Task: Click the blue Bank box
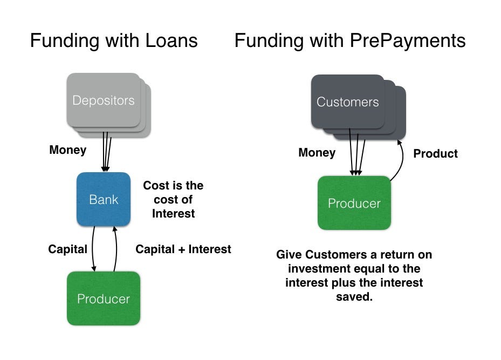pos(104,199)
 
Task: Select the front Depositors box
pos(104,100)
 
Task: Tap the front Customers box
pos(348,101)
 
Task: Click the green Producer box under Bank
pos(104,298)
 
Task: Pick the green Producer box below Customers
pos(354,203)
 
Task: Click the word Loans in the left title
pos(171,40)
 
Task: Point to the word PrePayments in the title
pos(408,40)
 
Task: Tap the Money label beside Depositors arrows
pos(68,150)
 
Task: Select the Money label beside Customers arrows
pos(317,153)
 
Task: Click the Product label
pos(436,153)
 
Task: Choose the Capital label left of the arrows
pos(68,249)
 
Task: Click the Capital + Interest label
pos(183,249)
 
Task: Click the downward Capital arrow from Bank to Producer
pos(93,249)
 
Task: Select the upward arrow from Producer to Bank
pos(116,249)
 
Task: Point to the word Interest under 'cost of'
pos(174,213)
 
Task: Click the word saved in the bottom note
pos(354,297)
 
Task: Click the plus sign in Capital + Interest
pos(182,250)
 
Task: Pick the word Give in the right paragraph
pos(289,255)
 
